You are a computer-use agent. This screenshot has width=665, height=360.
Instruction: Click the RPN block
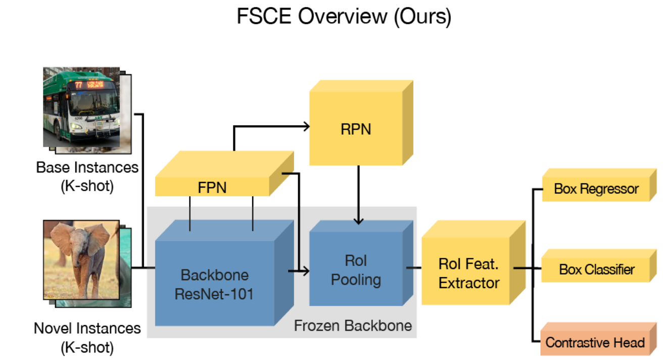pyautogui.click(x=356, y=129)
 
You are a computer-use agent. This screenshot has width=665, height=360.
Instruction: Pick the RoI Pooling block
pyautogui.click(x=356, y=270)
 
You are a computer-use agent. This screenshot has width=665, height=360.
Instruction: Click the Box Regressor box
pyautogui.click(x=596, y=189)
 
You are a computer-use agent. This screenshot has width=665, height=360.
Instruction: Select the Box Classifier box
pyautogui.click(x=596, y=269)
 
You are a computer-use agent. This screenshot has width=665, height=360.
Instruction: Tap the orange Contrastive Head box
pyautogui.click(x=595, y=342)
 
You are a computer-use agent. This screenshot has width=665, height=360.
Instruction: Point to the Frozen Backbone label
pyautogui.click(x=353, y=325)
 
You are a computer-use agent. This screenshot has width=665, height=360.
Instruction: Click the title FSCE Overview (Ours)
pyautogui.click(x=344, y=17)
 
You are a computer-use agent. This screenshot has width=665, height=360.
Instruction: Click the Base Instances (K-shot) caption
pyautogui.click(x=87, y=176)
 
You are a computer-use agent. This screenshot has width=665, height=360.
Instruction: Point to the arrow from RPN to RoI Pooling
pyautogui.click(x=358, y=195)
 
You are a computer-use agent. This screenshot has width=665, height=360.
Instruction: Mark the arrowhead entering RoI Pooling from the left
pyautogui.click(x=305, y=272)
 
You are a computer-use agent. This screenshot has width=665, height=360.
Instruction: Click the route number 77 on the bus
pyautogui.click(x=78, y=85)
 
